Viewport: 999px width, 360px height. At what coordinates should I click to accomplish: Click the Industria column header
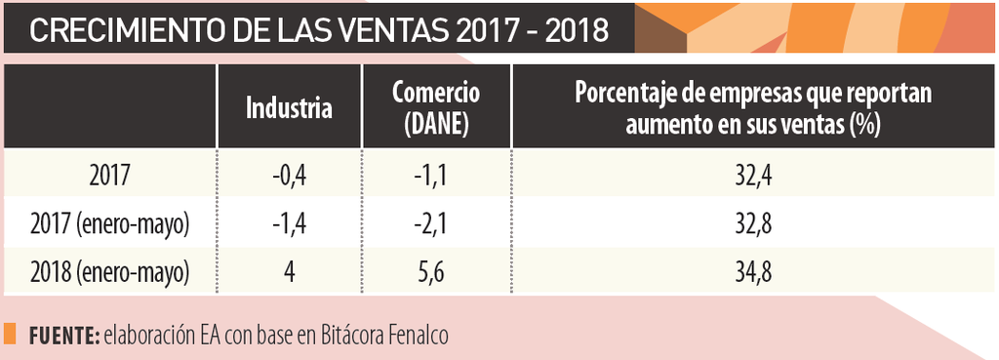pyautogui.click(x=289, y=108)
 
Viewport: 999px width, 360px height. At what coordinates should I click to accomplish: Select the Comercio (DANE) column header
pyautogui.click(x=435, y=107)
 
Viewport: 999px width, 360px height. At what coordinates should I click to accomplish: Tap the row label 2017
pyautogui.click(x=108, y=176)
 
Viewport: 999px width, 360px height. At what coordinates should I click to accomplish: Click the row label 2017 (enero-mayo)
pyautogui.click(x=108, y=224)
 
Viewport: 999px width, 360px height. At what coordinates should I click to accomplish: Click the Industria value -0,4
pyautogui.click(x=289, y=176)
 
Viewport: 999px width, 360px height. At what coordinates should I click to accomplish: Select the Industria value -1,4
pyautogui.click(x=289, y=224)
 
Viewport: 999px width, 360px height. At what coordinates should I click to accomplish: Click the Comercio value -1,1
pyautogui.click(x=435, y=176)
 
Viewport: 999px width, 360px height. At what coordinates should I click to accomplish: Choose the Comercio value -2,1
pyautogui.click(x=435, y=224)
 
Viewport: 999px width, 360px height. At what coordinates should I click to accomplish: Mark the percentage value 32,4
pyautogui.click(x=753, y=176)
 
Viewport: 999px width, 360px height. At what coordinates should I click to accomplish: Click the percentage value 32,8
pyautogui.click(x=753, y=224)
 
